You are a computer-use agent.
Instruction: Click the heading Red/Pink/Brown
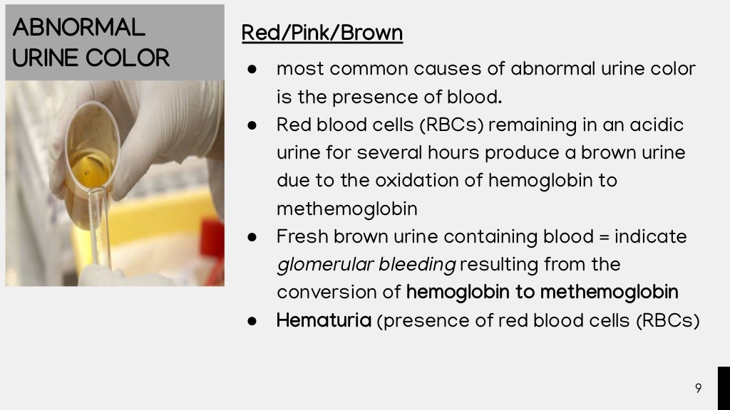(x=322, y=33)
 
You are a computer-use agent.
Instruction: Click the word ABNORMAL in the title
(x=78, y=27)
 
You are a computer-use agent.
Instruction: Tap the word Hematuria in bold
(x=324, y=320)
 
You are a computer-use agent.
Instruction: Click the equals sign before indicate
(x=604, y=236)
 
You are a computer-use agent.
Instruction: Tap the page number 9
(x=698, y=388)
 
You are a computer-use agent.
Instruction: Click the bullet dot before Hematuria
(x=252, y=321)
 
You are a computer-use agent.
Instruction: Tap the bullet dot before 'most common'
(x=252, y=70)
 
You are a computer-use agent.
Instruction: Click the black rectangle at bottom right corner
(x=723, y=388)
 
